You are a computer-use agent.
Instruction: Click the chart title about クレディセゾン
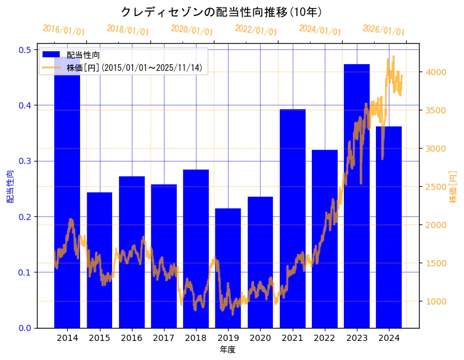[221, 12]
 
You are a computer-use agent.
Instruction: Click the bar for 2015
[99, 260]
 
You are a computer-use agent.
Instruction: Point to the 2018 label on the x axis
[196, 338]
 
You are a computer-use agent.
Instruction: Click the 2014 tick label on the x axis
[67, 338]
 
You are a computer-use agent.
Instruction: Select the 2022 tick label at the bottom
[325, 338]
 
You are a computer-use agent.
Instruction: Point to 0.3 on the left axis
[26, 161]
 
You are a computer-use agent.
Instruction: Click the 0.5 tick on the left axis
[26, 49]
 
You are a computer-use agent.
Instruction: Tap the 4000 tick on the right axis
[435, 72]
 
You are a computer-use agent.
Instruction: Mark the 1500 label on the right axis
[435, 263]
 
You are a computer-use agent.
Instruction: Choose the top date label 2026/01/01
[383, 30]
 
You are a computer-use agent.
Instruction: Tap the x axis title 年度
[227, 350]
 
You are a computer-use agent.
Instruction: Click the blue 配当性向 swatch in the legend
[52, 55]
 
